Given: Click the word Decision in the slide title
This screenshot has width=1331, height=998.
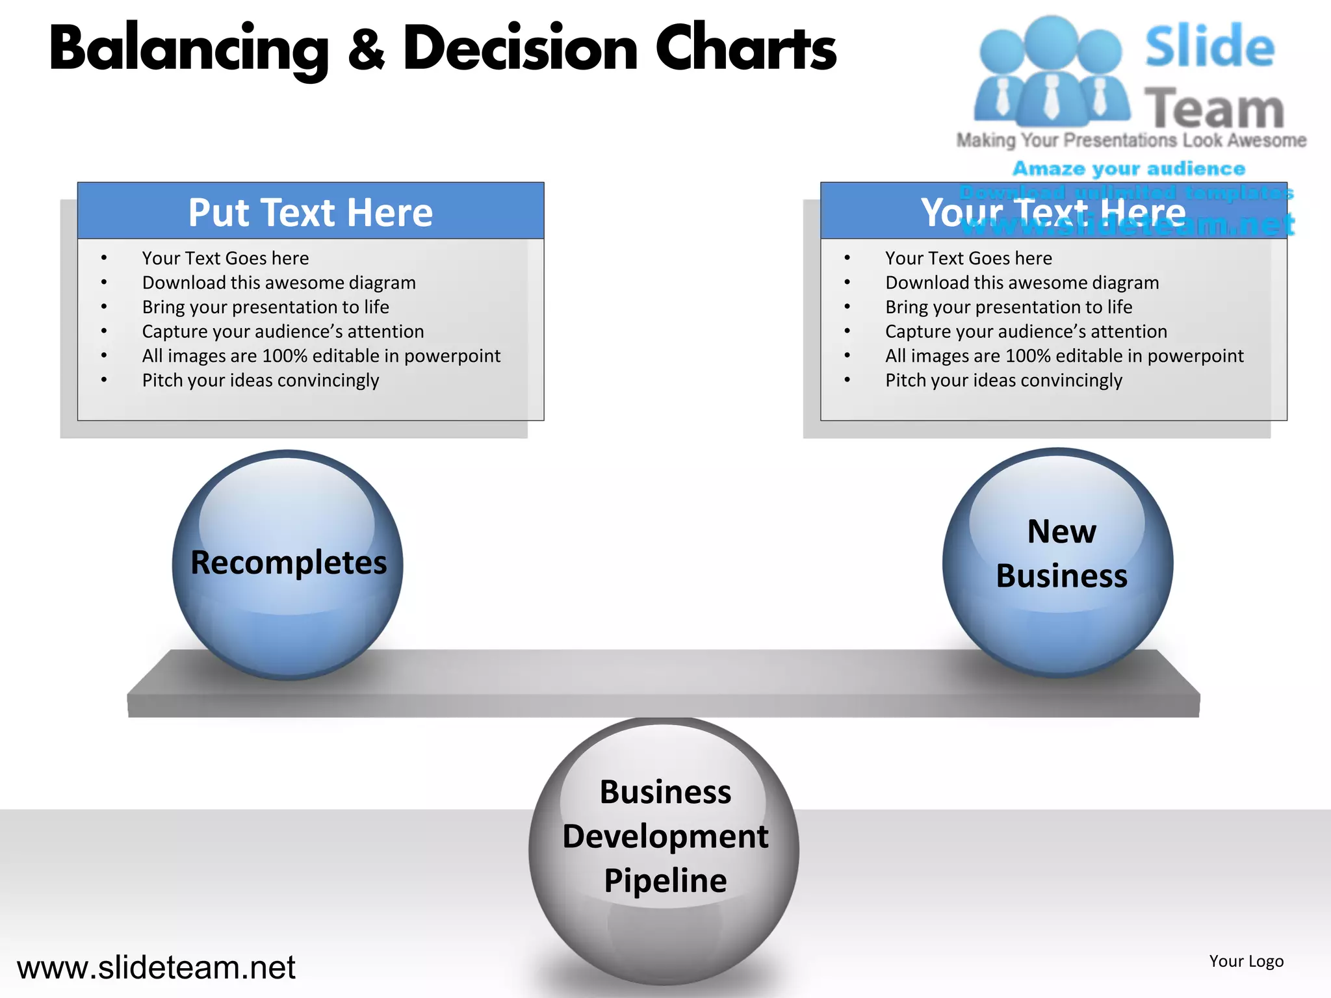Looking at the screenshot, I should (521, 49).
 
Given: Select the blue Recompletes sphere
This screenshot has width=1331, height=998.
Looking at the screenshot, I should (287, 564).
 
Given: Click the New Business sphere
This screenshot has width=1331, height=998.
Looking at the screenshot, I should (1058, 563).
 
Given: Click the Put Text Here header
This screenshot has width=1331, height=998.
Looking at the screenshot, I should (311, 212).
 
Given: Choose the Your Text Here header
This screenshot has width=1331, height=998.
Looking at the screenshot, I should (1053, 212).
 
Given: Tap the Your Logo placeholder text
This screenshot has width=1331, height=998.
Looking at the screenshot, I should (1246, 961).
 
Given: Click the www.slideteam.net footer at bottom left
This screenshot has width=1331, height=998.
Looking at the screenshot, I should (156, 967).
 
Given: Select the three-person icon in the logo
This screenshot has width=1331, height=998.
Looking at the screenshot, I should (1052, 71).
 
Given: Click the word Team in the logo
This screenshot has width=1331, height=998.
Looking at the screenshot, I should (1214, 108).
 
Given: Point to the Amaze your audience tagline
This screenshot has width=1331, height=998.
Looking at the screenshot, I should (1129, 169).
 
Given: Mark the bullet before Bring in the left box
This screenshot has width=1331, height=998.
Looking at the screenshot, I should (104, 307).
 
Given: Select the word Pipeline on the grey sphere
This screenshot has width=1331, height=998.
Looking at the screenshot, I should (665, 881).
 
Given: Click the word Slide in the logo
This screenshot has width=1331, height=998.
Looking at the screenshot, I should (1209, 46).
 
